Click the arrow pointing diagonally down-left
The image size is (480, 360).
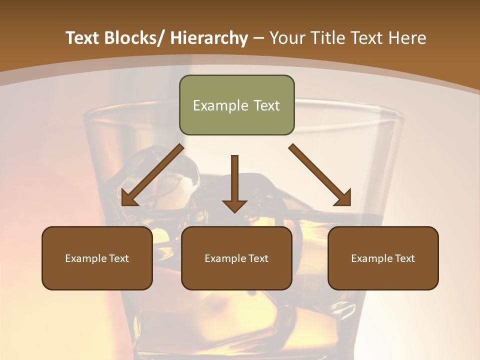pos(152,175)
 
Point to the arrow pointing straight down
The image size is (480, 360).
pos(234,183)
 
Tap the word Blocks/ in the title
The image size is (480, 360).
pos(130,38)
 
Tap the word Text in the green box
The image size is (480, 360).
pos(266,105)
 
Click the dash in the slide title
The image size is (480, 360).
pos(258,38)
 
